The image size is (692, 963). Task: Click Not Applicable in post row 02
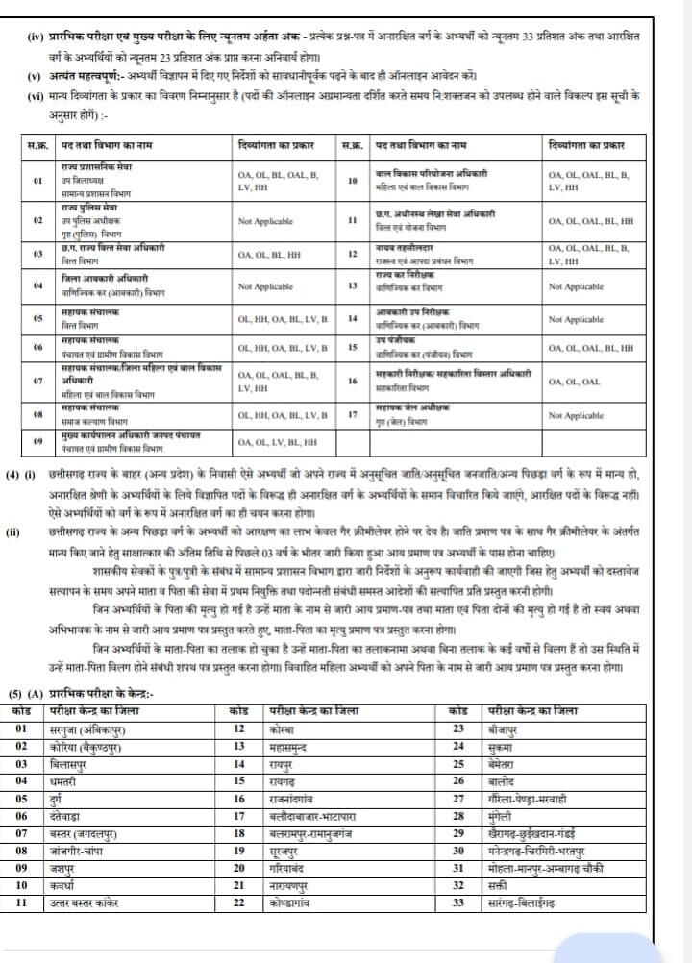pos(265,221)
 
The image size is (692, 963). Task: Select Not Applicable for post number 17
pos(576,416)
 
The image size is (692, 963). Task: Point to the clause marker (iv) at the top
pos(34,35)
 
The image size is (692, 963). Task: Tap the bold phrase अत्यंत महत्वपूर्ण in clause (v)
pos(81,75)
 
